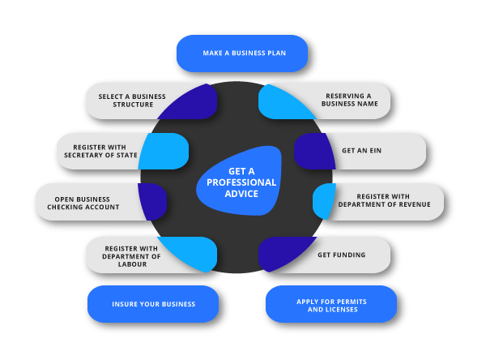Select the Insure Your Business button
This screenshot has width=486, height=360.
pyautogui.click(x=153, y=304)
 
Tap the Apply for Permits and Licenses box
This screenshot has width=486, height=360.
pyautogui.click(x=331, y=305)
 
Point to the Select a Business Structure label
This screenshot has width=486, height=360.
pyautogui.click(x=131, y=101)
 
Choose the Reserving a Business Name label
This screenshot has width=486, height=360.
pyautogui.click(x=350, y=101)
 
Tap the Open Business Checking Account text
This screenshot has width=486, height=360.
pyautogui.click(x=83, y=203)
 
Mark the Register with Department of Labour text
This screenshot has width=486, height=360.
pyautogui.click(x=132, y=255)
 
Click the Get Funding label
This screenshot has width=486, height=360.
pyautogui.click(x=341, y=255)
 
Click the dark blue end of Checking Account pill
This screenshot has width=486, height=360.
pyautogui.click(x=152, y=201)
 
